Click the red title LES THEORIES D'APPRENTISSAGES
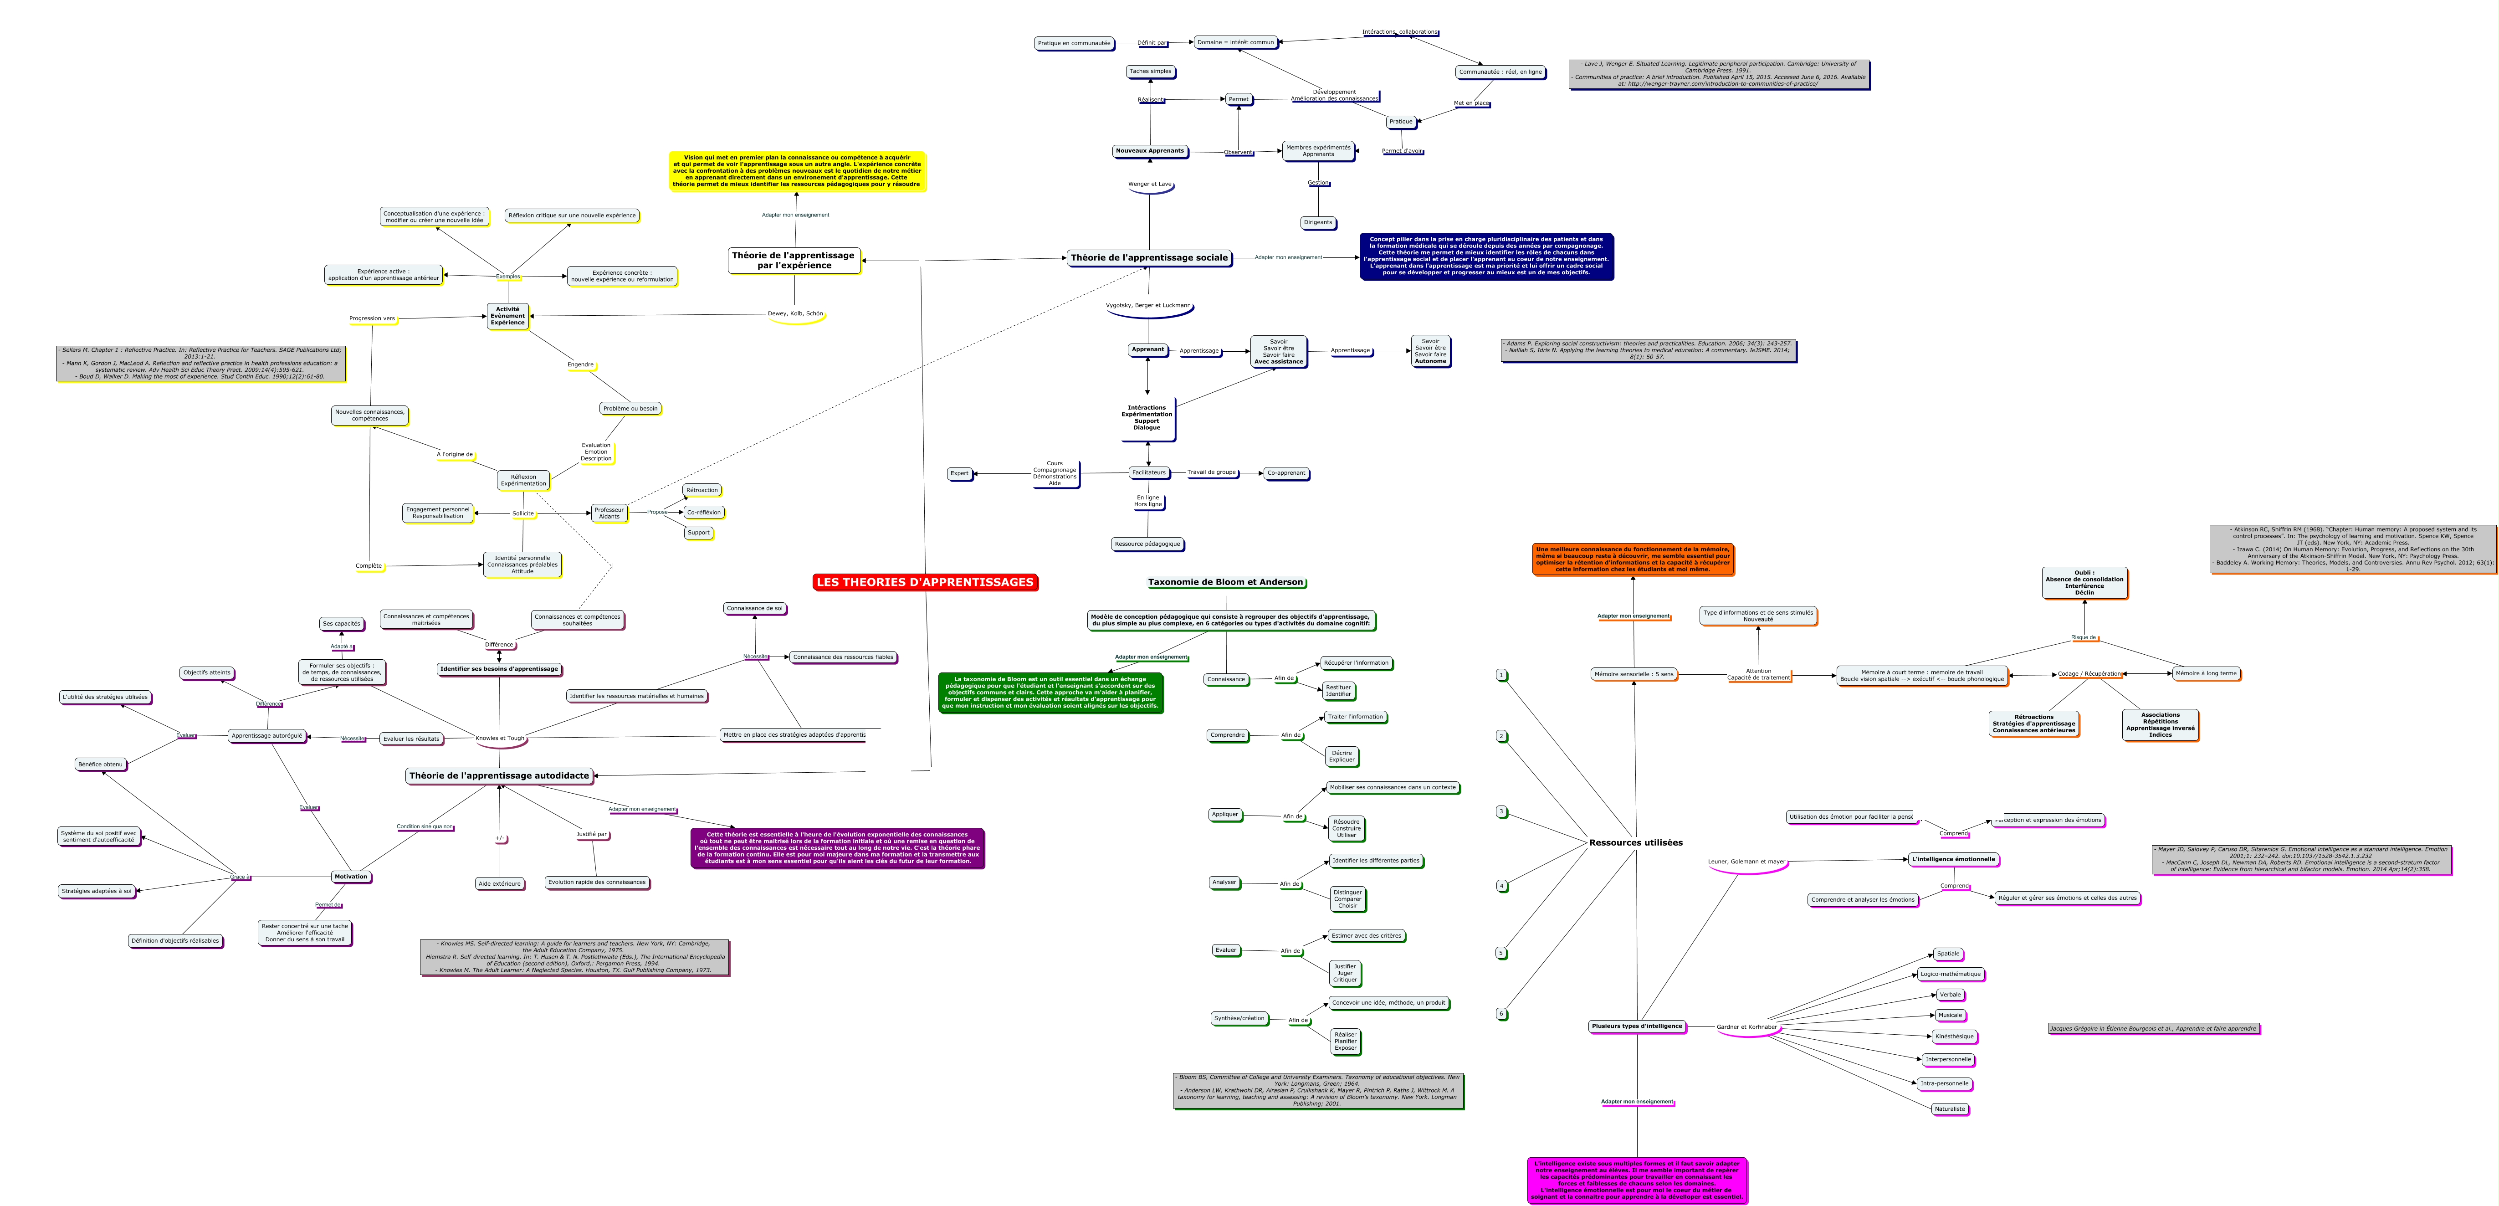point(925,582)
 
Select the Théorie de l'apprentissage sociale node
point(1150,258)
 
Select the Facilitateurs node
point(1149,472)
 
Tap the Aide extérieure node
point(500,884)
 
